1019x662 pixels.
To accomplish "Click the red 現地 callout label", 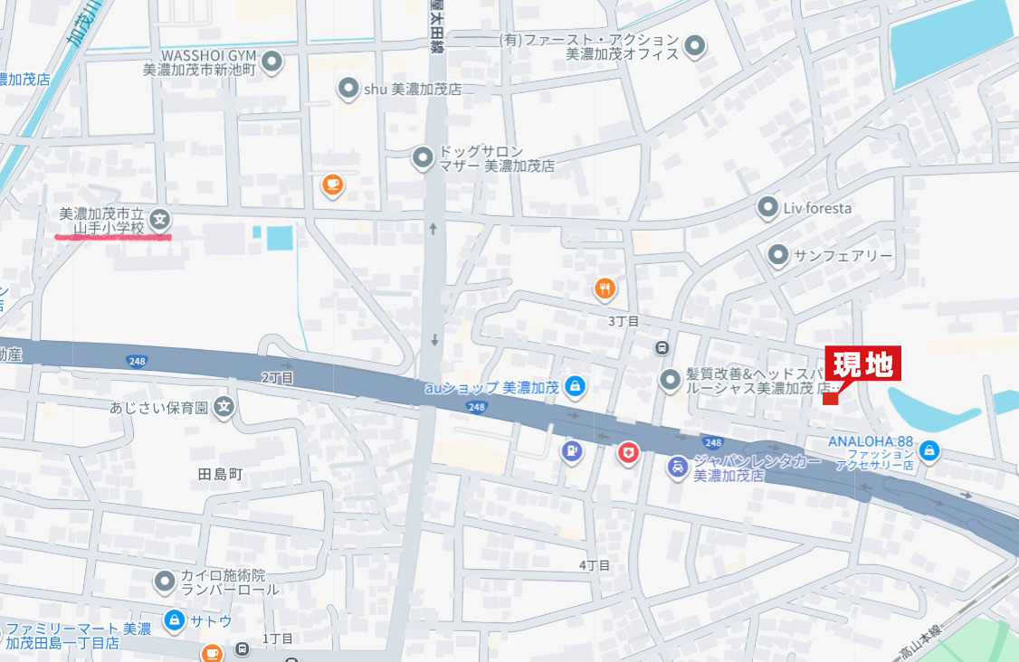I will [x=862, y=364].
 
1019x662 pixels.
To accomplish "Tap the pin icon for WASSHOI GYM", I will [x=272, y=62].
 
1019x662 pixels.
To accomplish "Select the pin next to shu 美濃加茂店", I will [x=348, y=89].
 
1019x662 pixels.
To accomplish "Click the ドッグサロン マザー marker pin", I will [x=423, y=159].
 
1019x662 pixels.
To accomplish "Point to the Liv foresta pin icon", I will [x=767, y=208].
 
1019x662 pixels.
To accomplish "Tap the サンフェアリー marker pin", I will [x=777, y=256].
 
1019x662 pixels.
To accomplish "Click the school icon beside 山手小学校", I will [x=160, y=218].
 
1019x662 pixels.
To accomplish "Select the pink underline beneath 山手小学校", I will [x=113, y=237].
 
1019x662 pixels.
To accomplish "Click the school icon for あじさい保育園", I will [x=224, y=408].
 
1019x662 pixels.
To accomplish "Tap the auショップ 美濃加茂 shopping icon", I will [x=573, y=388].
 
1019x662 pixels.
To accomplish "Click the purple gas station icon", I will [x=570, y=449].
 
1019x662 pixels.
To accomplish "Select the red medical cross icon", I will [x=626, y=453].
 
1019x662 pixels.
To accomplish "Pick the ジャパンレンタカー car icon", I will [x=676, y=468].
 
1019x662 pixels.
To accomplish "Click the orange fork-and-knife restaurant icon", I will [x=605, y=289].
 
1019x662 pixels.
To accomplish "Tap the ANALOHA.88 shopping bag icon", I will [x=929, y=449].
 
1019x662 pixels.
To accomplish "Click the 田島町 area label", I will [x=221, y=473].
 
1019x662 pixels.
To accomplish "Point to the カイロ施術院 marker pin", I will [x=164, y=582].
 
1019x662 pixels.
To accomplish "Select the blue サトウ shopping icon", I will [x=174, y=621].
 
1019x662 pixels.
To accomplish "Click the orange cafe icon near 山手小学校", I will [x=332, y=185].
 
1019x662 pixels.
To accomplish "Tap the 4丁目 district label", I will [x=595, y=565].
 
